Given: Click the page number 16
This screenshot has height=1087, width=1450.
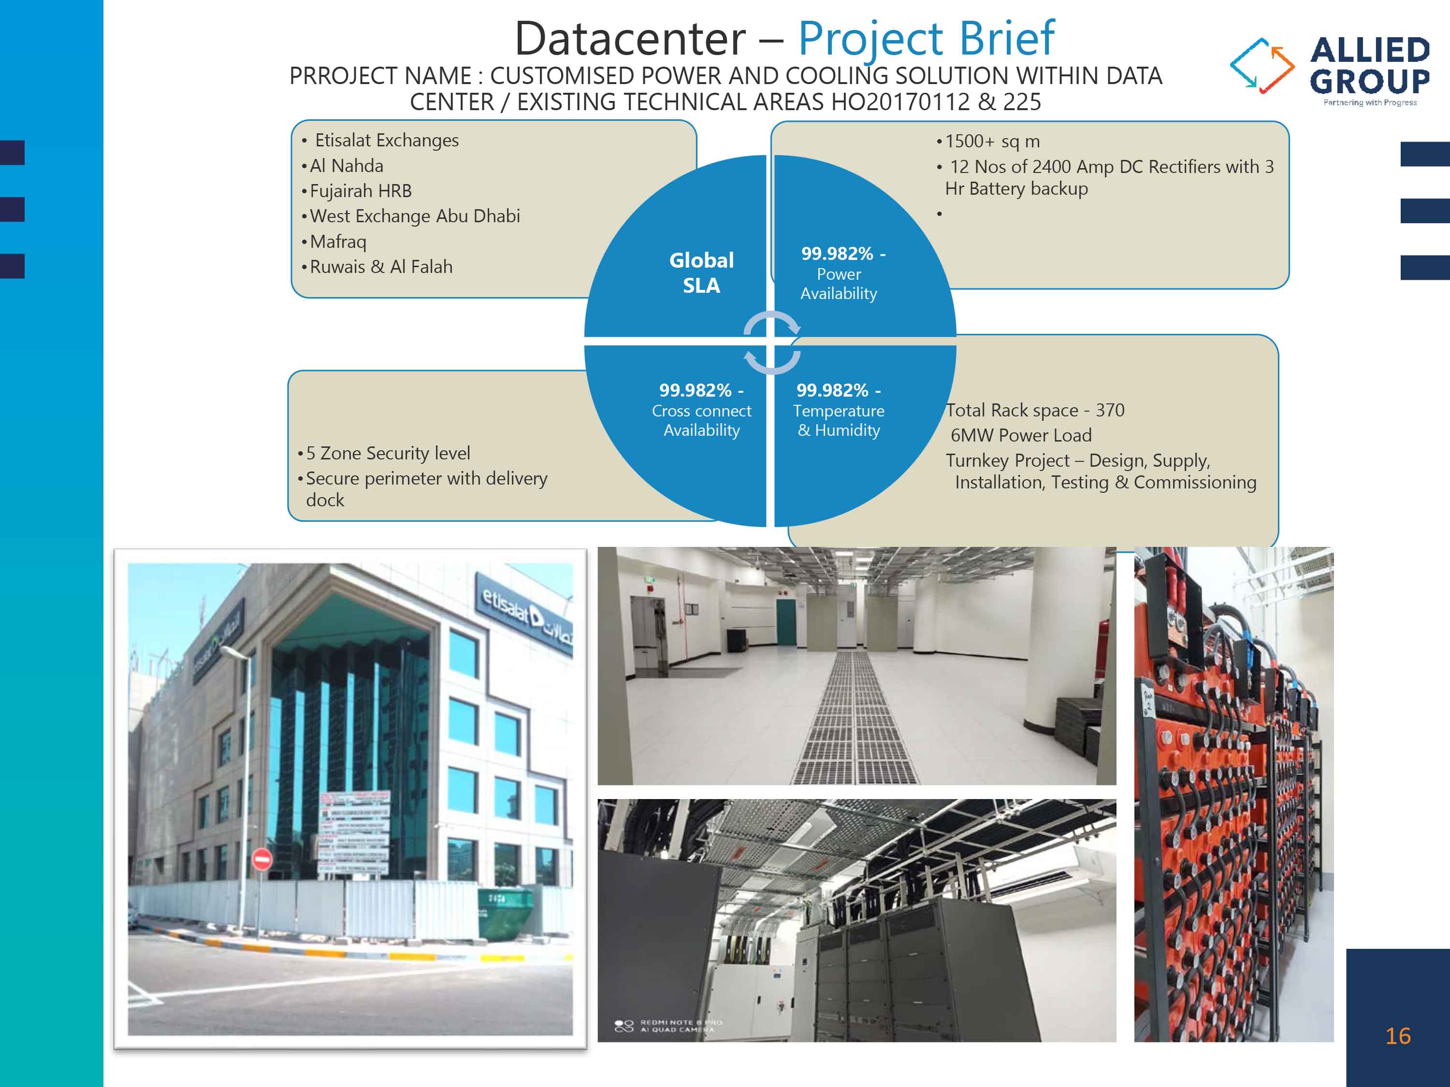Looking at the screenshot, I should coord(1398,1036).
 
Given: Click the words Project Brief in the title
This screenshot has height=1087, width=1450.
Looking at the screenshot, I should coord(926,39).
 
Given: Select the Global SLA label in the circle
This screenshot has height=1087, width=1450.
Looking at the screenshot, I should coord(701,272).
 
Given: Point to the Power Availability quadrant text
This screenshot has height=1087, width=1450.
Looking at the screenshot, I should coord(839,274).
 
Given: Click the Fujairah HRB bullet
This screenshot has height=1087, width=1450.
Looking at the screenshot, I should coord(361,191).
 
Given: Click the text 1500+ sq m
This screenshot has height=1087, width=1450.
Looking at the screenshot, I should coord(992,142).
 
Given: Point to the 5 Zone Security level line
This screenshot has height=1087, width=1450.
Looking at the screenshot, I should coord(388,454).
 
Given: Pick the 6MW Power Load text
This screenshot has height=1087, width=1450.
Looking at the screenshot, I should coord(1021,435).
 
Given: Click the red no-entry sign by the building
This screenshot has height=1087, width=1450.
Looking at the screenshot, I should coord(262,858).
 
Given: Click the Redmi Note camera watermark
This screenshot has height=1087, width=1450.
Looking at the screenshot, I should coord(668,1026).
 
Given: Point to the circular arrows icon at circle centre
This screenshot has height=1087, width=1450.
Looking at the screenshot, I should coord(771,343).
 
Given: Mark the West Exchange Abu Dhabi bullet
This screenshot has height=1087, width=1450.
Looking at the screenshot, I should coord(414,216).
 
